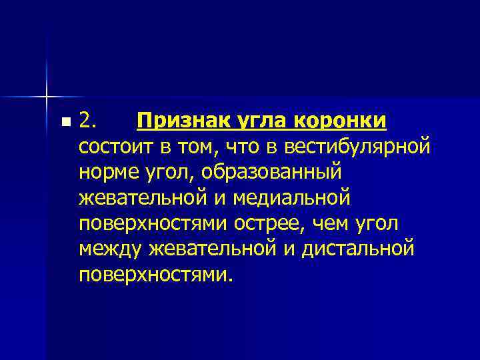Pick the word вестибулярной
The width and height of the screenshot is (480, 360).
(361, 147)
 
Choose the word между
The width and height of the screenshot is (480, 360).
(107, 249)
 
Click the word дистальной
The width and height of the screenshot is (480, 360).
(357, 249)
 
